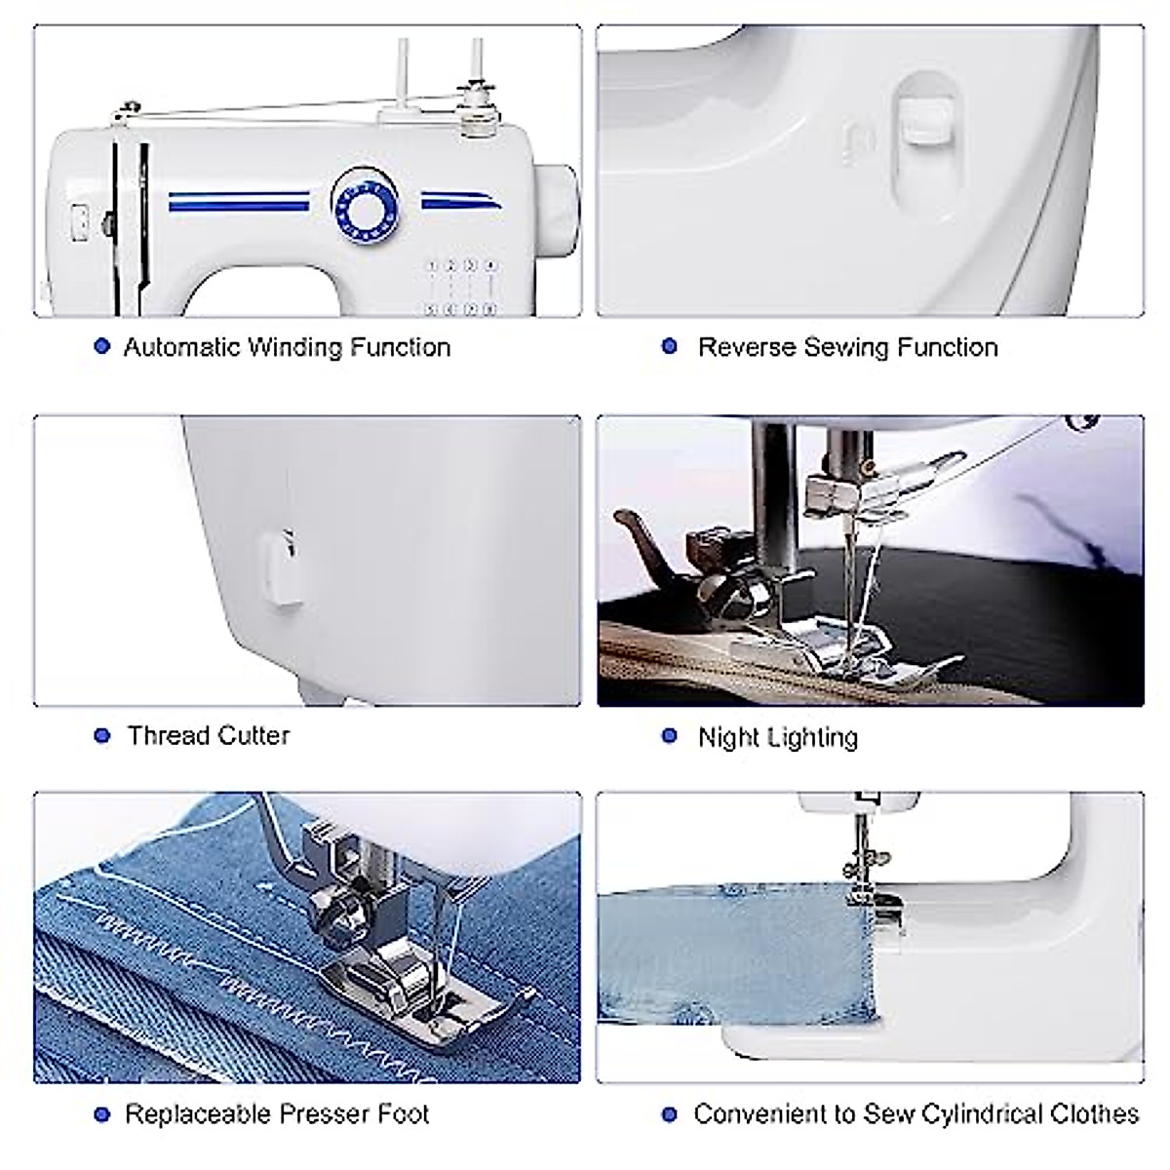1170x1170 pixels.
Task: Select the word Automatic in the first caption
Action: point(182,347)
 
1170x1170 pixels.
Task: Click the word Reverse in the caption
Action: point(747,347)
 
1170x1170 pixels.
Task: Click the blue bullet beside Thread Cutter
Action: point(101,735)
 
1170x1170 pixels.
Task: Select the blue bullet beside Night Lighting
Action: point(669,736)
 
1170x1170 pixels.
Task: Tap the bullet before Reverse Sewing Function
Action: point(669,346)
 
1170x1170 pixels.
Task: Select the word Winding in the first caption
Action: point(293,347)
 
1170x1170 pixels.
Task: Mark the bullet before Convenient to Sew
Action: point(669,1114)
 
